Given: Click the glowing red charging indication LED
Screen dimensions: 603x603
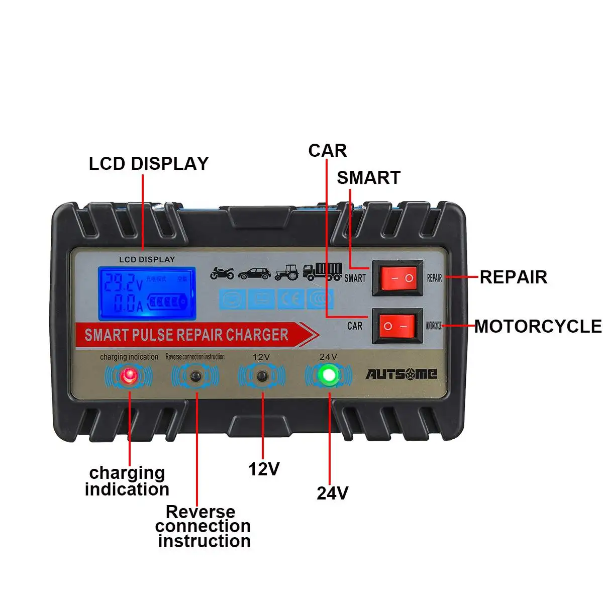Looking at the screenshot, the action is [x=130, y=375].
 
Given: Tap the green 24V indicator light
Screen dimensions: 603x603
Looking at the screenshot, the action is [x=329, y=374].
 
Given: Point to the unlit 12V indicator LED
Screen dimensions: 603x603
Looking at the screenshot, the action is [x=261, y=376].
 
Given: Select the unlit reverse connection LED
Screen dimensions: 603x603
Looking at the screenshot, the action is [x=195, y=376].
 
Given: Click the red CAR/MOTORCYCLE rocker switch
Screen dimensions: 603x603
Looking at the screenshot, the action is [x=397, y=326].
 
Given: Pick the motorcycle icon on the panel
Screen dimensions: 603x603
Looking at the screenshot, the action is [x=222, y=273].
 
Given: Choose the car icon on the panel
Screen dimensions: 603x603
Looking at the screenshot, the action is [x=254, y=273].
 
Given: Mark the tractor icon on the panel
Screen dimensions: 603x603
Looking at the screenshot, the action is [x=287, y=272].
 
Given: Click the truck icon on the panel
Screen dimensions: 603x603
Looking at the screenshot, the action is [x=323, y=271].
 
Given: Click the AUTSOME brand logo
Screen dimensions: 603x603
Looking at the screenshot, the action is [x=401, y=374].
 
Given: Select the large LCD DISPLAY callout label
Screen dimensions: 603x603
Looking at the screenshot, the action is [x=149, y=164].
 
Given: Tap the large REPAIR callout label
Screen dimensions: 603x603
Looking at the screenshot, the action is [x=513, y=277].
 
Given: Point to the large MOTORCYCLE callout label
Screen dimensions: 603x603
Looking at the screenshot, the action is [x=538, y=326].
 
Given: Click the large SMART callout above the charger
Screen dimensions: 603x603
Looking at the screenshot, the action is [x=368, y=177].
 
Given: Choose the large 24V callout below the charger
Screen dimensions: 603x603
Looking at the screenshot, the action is [x=332, y=493].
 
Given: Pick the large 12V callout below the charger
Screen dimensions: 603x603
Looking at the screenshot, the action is [x=264, y=469].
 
